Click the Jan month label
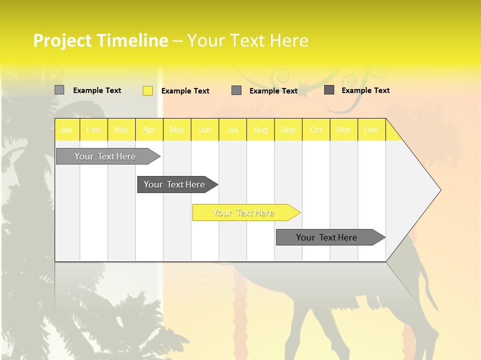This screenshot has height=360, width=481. [x=66, y=130]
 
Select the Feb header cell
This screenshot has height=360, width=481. [x=94, y=130]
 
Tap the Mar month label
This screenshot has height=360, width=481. [x=121, y=130]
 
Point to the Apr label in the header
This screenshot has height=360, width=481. [x=149, y=130]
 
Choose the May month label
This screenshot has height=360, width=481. [x=177, y=130]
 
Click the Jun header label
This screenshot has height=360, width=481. [x=205, y=130]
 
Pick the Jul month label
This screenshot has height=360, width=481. [x=232, y=130]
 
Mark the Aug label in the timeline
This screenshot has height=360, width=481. [x=260, y=130]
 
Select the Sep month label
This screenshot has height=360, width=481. [x=288, y=130]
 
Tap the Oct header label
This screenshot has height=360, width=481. [x=316, y=130]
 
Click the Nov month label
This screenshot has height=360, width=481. [x=344, y=130]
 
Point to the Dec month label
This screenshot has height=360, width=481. [x=371, y=130]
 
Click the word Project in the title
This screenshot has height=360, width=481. [x=62, y=40]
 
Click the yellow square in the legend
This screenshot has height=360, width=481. [x=148, y=90]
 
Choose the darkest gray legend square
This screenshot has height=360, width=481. [x=329, y=90]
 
